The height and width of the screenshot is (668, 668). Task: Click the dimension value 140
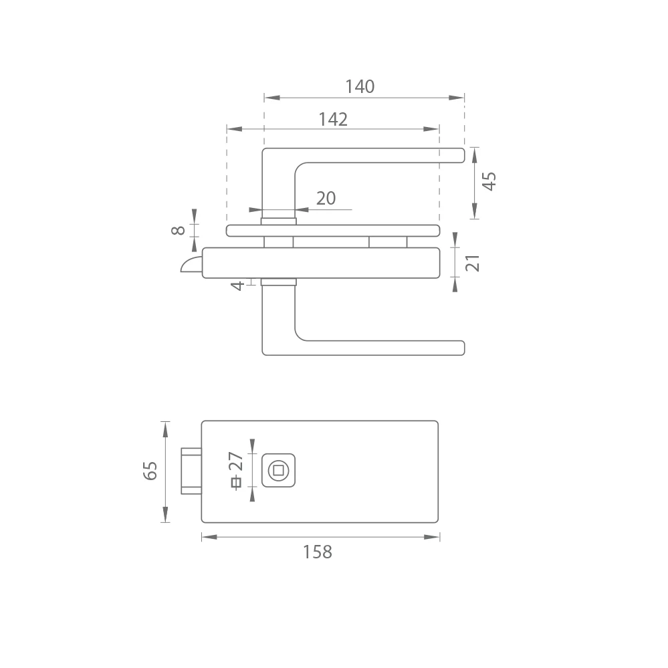click(360, 86)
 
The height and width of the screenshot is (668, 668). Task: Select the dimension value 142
click(333, 119)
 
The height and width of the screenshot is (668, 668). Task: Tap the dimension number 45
click(489, 181)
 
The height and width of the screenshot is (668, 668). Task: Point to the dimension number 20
click(326, 198)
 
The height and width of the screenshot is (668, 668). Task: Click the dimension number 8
click(178, 231)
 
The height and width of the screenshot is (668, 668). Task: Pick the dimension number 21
click(473, 263)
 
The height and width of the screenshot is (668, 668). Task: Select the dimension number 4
click(238, 286)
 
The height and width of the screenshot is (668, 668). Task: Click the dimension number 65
click(150, 471)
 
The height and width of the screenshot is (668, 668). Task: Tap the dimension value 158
click(318, 552)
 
